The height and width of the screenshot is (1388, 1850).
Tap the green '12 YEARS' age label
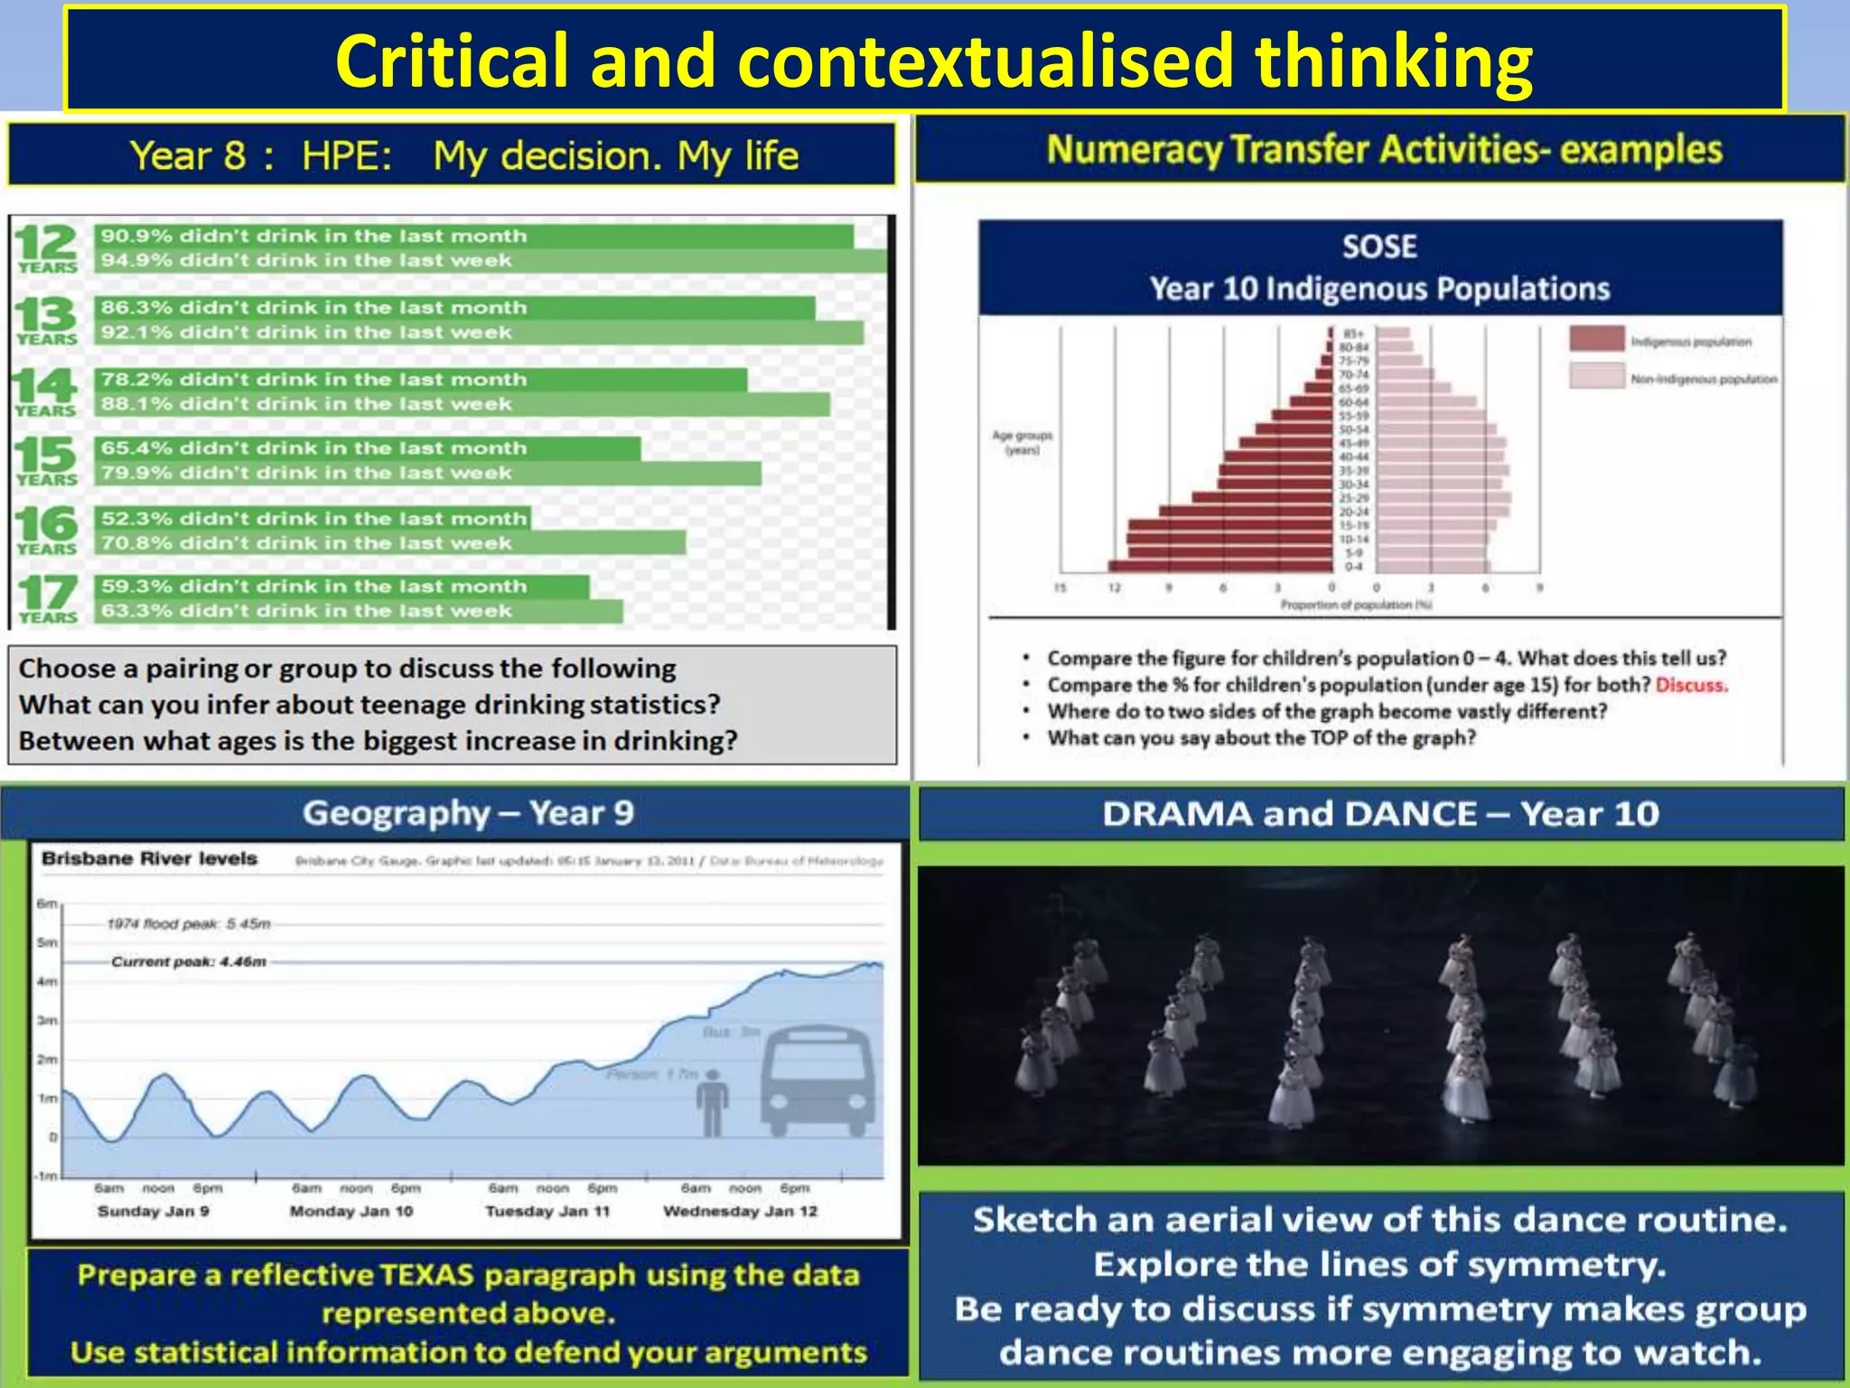tap(46, 248)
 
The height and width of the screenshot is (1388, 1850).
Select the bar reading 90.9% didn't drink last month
tap(473, 236)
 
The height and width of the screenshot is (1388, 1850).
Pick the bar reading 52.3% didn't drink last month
tap(313, 519)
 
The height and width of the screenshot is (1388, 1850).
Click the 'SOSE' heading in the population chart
tap(1378, 247)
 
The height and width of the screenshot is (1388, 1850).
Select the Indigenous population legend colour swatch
tap(1596, 340)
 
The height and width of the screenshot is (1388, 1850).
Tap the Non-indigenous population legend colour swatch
tap(1596, 376)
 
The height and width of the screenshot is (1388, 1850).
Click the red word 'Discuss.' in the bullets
tap(1691, 685)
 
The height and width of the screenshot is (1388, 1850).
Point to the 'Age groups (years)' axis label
tap(1022, 442)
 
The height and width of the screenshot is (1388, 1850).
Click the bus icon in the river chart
tap(818, 1081)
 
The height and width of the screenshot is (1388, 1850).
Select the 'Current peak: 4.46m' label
tap(189, 961)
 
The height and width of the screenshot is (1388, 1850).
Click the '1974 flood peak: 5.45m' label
tap(189, 924)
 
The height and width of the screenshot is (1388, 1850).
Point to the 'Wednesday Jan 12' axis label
tap(740, 1211)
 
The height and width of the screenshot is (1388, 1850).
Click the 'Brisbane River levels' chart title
tap(149, 858)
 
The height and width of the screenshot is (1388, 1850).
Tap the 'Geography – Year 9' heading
tap(468, 813)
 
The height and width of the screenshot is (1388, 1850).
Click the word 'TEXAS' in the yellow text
tap(426, 1275)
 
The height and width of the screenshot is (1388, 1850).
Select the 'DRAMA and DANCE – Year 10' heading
tap(1380, 814)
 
